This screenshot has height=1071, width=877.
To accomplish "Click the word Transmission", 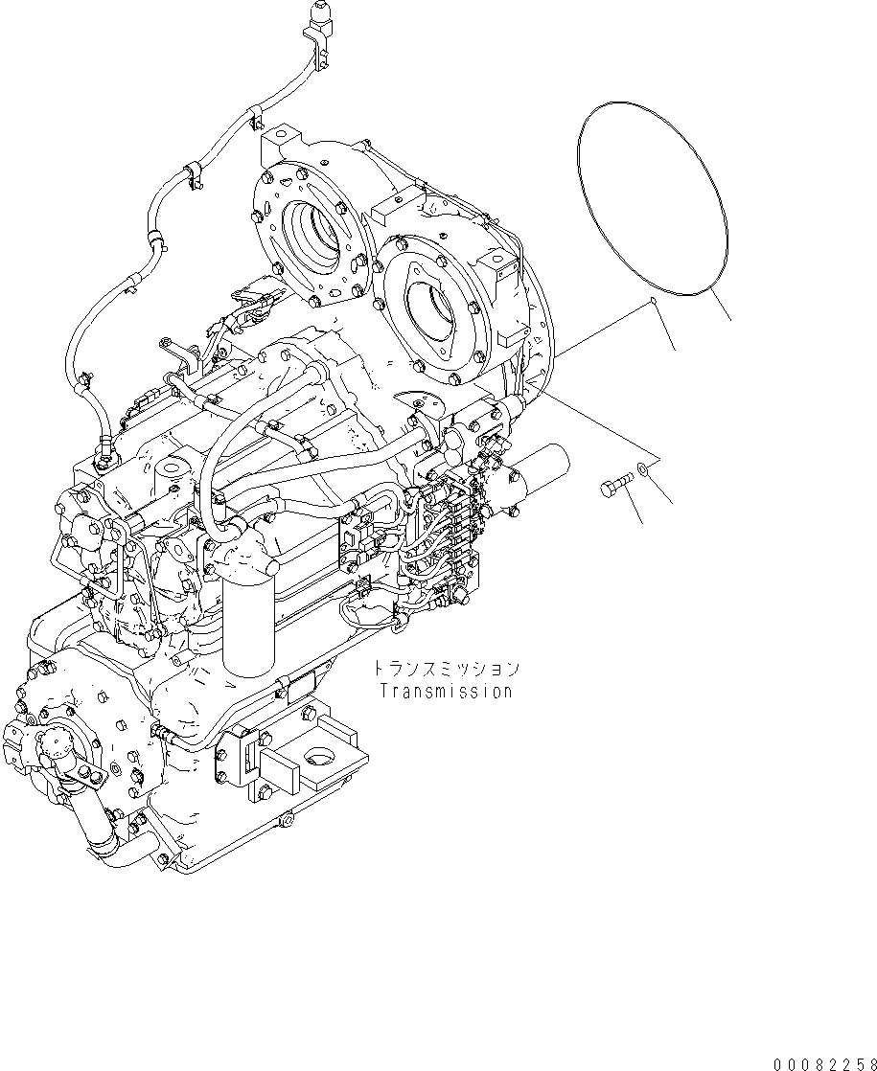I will [x=446, y=691].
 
